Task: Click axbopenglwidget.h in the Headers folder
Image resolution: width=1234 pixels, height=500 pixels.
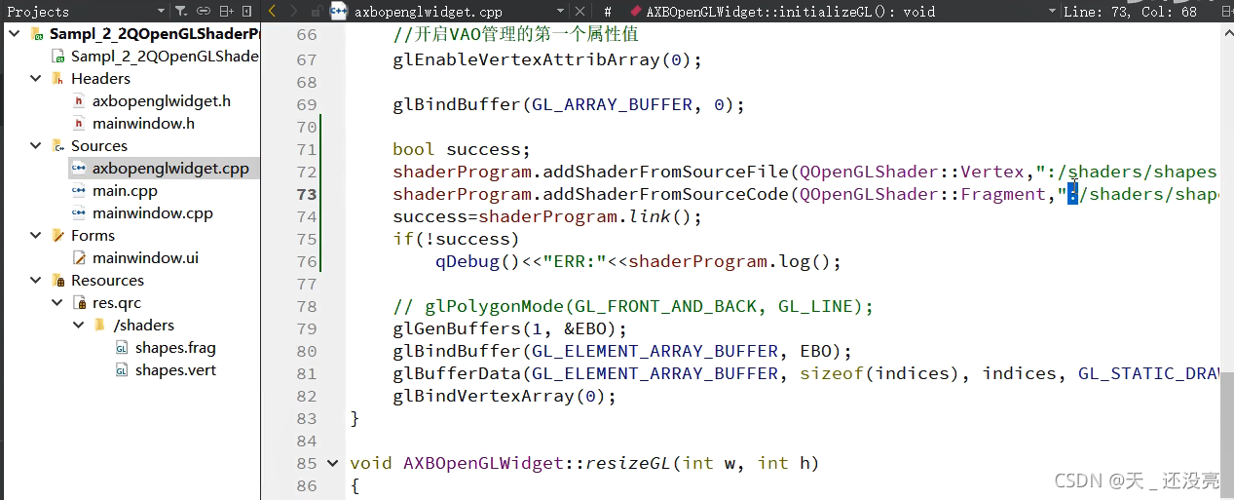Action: coord(161,101)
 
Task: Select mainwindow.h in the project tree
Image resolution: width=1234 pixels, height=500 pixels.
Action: coord(143,124)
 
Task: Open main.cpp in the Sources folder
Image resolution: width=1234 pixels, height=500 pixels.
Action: coord(125,191)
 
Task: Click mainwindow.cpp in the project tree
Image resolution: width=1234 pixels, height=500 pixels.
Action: coord(152,213)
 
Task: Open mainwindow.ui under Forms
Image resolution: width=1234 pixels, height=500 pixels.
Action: coord(145,258)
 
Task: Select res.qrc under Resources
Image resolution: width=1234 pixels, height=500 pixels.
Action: coord(116,303)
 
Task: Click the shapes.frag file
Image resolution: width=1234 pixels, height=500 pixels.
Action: coord(175,348)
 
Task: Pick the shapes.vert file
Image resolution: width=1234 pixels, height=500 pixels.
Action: coord(175,370)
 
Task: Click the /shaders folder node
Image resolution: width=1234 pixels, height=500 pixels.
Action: coord(143,326)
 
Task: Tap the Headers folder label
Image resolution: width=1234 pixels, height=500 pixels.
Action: coord(100,79)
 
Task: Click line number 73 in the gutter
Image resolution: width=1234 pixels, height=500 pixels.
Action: coord(306,194)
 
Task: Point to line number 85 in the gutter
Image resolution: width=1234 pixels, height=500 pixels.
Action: coord(306,463)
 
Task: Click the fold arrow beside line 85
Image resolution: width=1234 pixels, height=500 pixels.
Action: coord(333,463)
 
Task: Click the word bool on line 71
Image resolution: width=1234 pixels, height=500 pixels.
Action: coord(414,149)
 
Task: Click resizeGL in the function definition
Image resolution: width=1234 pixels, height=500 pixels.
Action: coord(629,463)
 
